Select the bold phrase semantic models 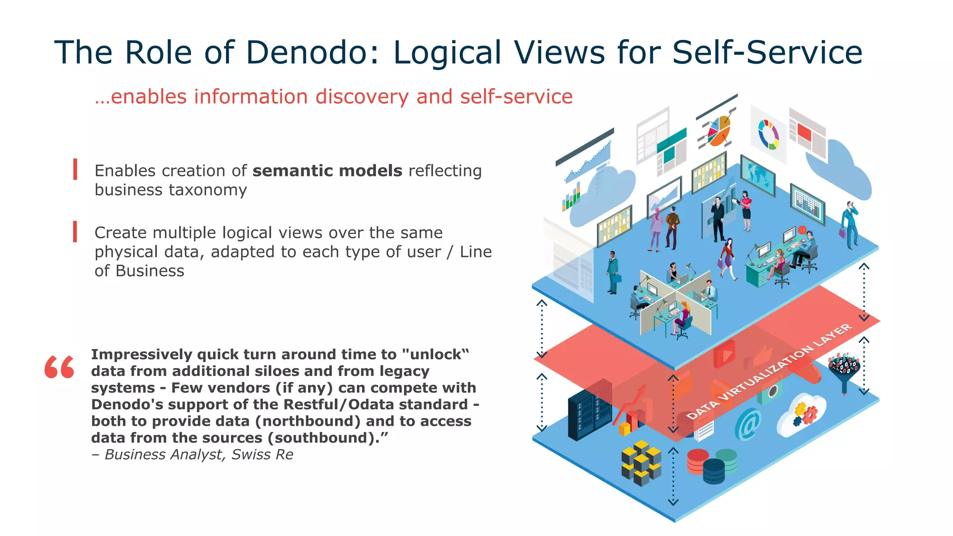coord(327,171)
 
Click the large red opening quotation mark coord(59,367)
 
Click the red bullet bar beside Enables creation coord(75,169)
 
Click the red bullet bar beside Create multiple coord(75,232)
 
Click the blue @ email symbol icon coord(748,424)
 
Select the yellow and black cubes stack coord(641,462)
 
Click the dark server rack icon coord(589,409)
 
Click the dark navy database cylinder coord(713,471)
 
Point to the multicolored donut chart coord(768,134)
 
